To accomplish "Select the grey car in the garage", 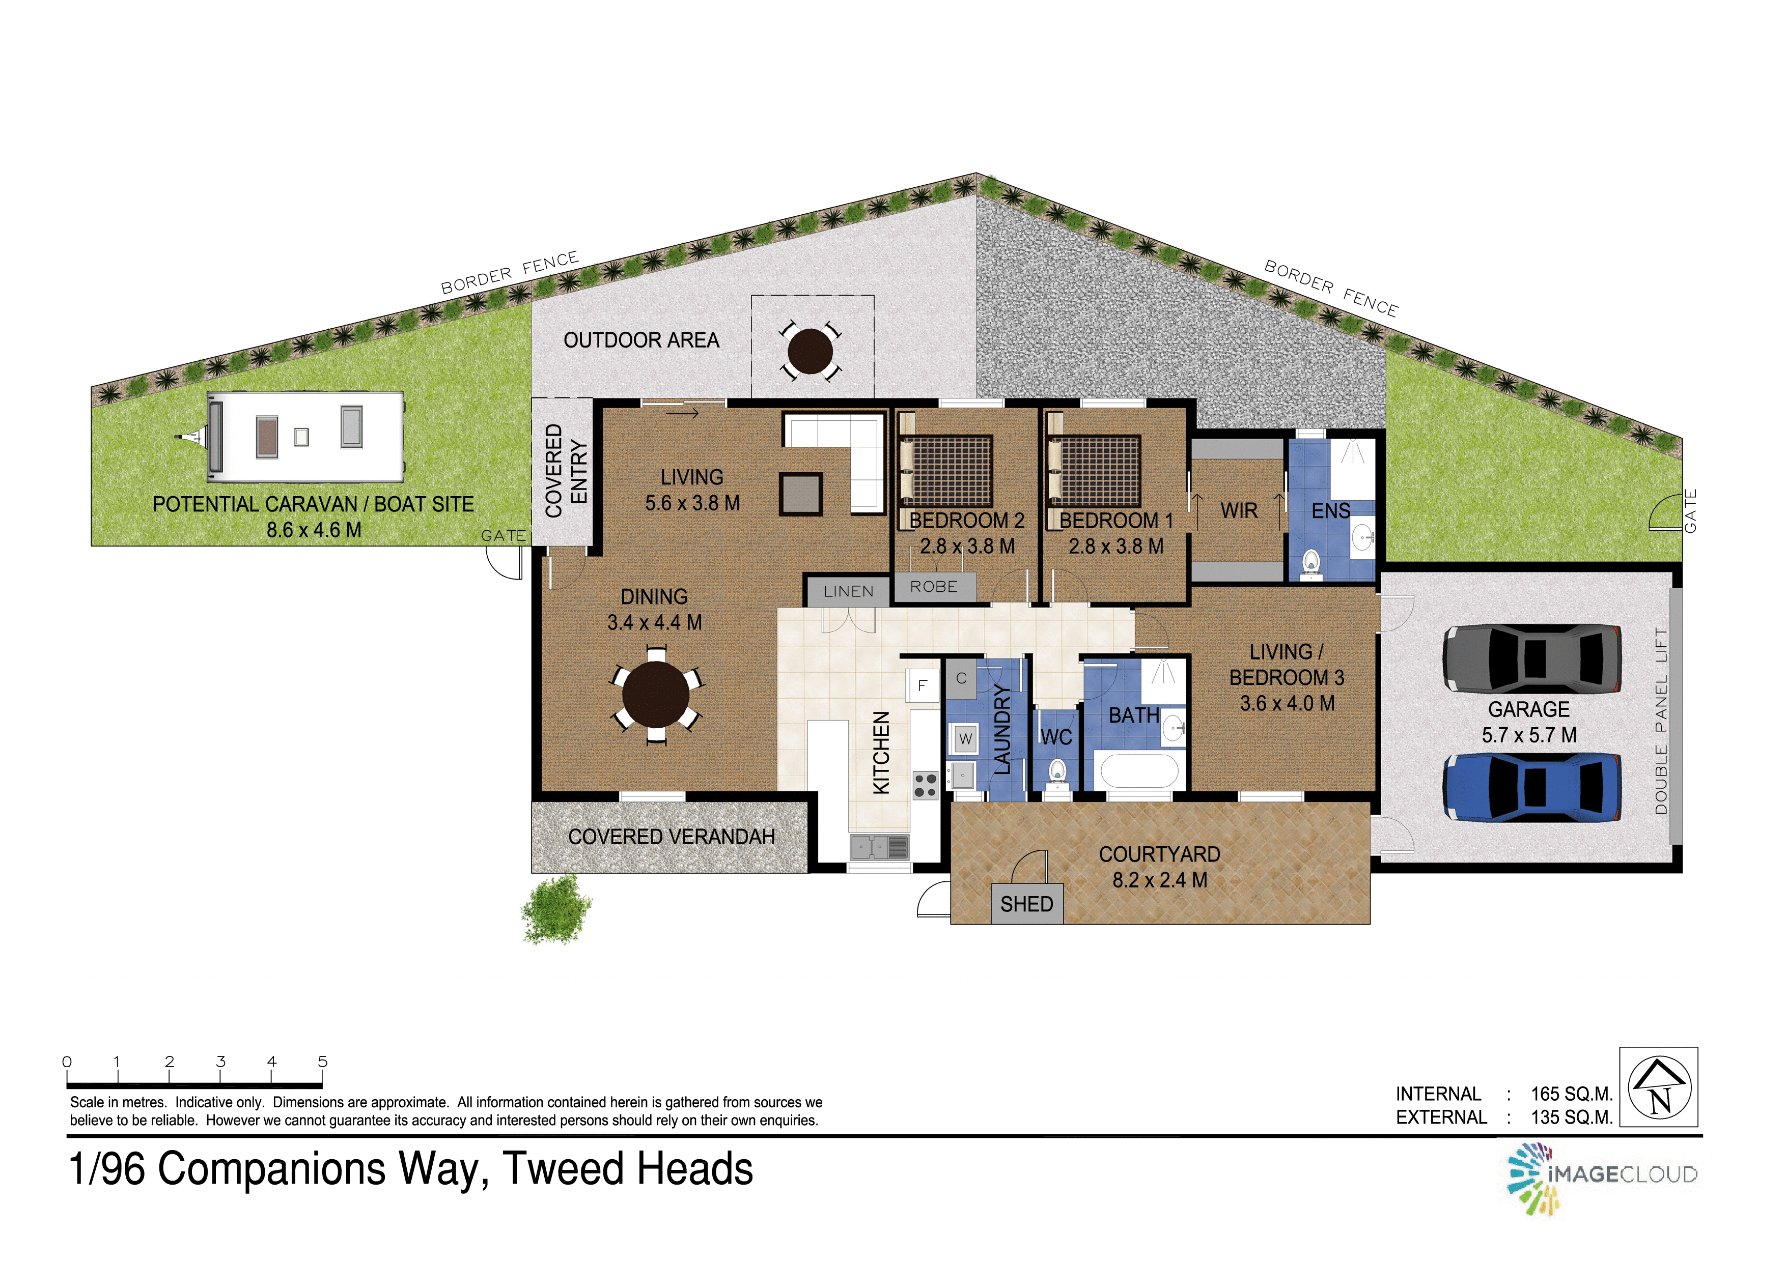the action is point(1531,658).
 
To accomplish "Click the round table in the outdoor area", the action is point(811,352).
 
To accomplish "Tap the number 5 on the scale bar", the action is point(323,1062).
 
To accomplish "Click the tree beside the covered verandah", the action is point(556,910).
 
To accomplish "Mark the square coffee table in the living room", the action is point(801,495).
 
